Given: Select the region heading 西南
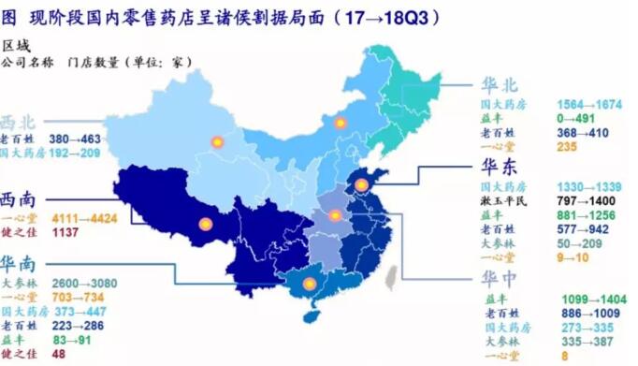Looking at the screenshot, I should [20, 199].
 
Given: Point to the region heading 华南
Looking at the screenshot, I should [20, 264].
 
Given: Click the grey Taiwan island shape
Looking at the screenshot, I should [393, 274].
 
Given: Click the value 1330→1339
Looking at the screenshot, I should [588, 186].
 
